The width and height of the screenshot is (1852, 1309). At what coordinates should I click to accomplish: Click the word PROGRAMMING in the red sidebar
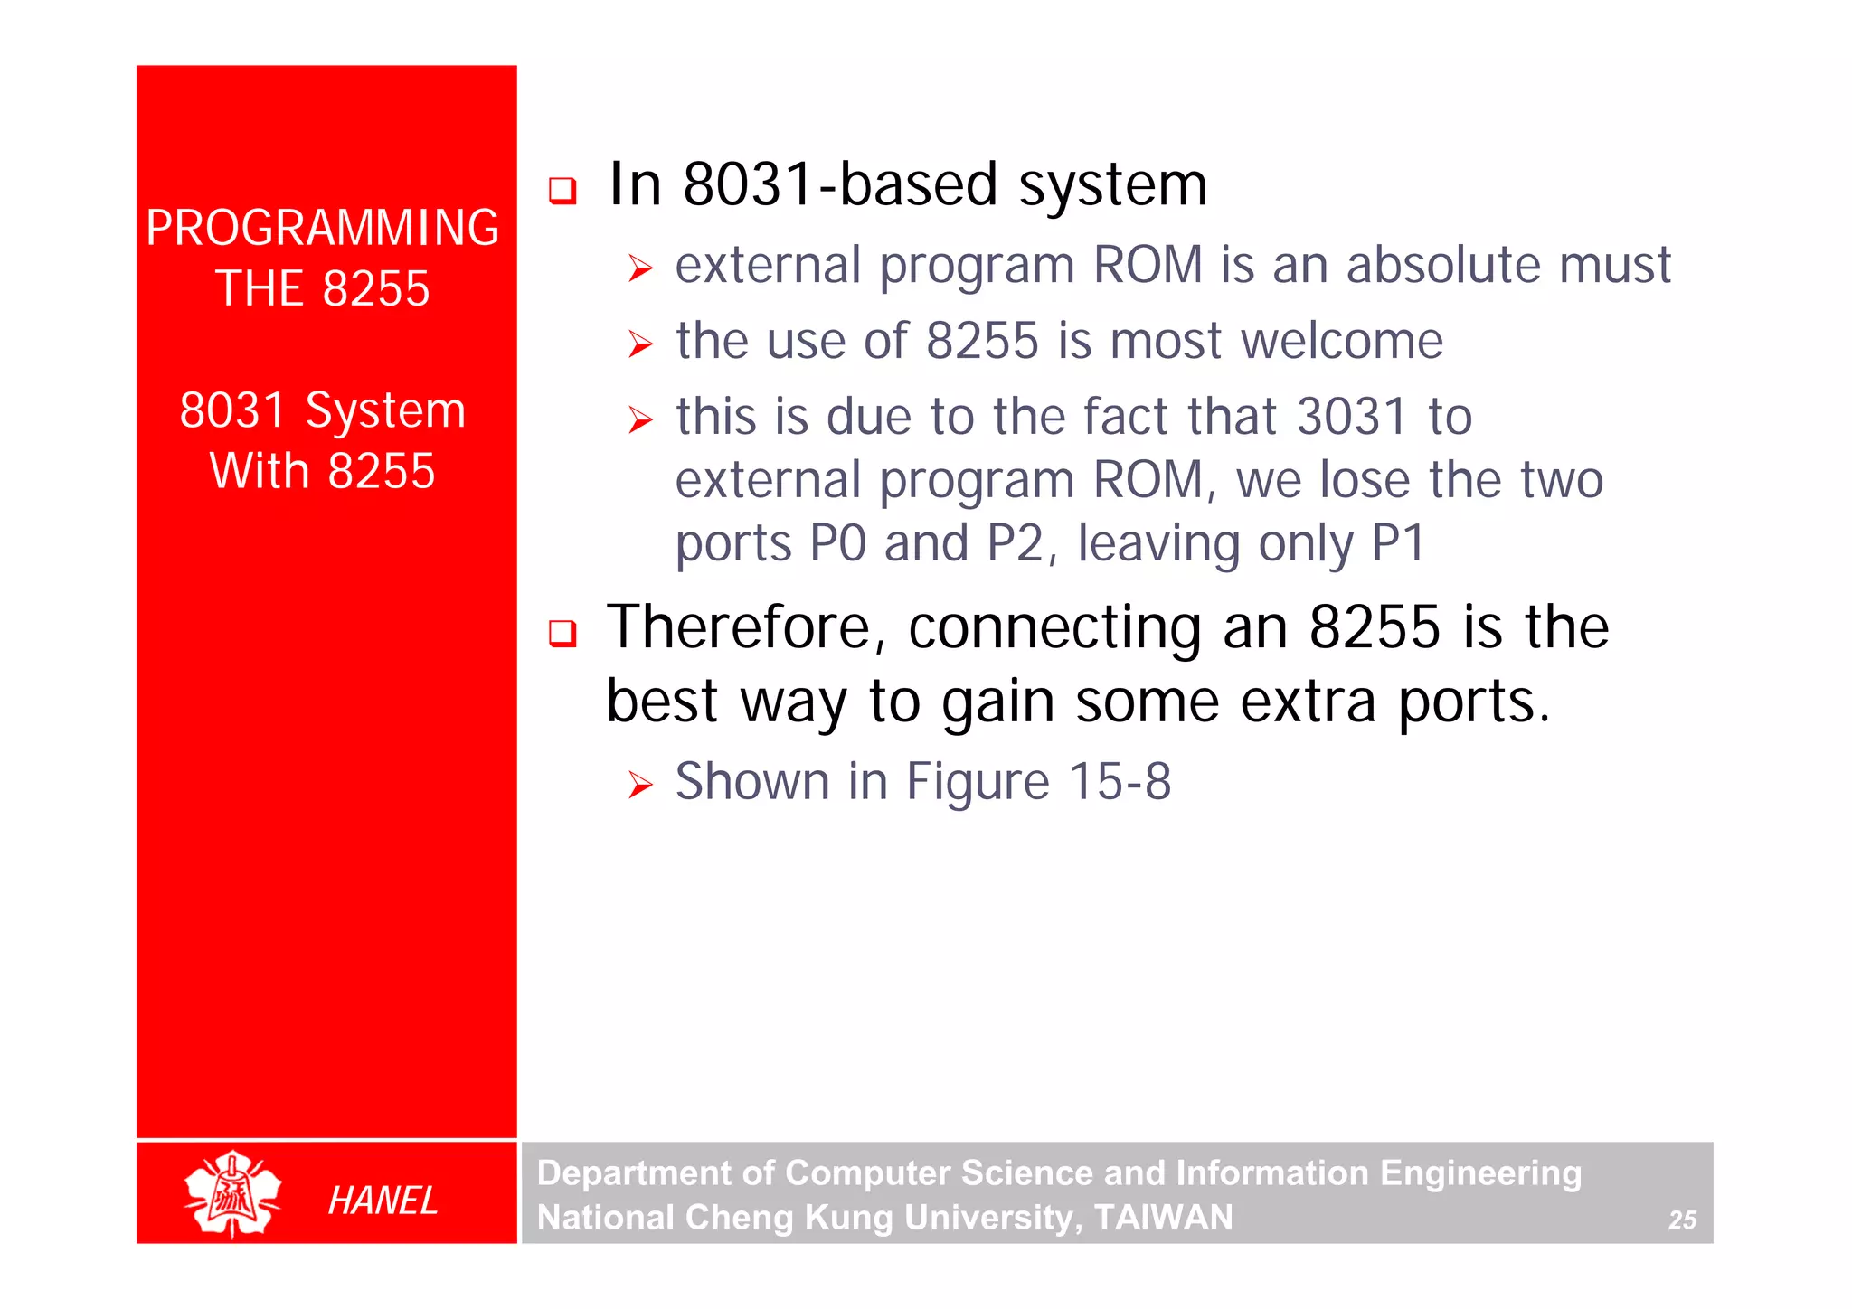tap(322, 228)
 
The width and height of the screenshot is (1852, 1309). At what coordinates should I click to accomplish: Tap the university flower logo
tap(232, 1193)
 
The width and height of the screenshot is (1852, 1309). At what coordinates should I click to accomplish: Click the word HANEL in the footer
tap(383, 1201)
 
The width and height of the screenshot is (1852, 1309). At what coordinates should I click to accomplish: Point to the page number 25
tap(1682, 1220)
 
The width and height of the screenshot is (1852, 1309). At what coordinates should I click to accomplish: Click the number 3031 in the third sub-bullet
tap(1351, 417)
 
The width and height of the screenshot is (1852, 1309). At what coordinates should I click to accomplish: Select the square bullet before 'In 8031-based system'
tap(562, 190)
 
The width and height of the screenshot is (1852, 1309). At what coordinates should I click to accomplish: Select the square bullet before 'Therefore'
tap(562, 633)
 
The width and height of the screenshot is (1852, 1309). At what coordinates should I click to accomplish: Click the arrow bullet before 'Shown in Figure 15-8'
tap(640, 785)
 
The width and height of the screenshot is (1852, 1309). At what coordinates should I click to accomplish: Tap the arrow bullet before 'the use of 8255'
tap(640, 344)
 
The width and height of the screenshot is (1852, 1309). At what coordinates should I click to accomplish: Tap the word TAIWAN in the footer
tap(1163, 1218)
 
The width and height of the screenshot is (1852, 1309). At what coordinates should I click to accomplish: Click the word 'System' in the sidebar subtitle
tap(385, 410)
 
